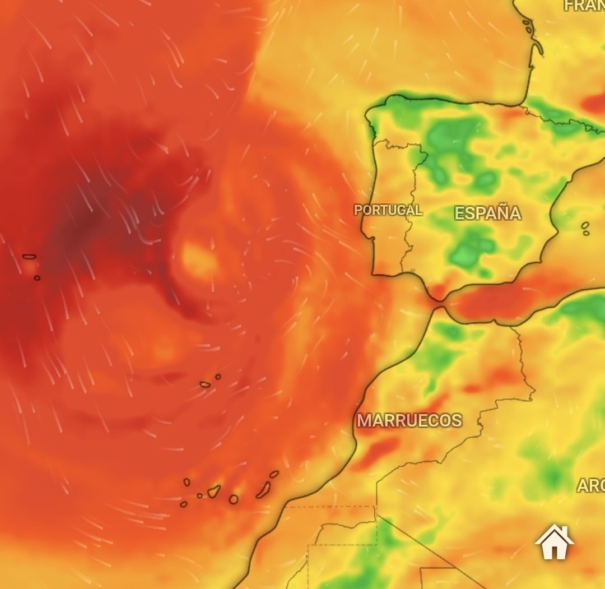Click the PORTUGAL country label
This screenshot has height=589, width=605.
388,210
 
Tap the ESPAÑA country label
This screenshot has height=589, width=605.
487,214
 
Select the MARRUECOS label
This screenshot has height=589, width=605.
409,420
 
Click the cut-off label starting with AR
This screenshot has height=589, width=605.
590,486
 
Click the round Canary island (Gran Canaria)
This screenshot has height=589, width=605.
234,499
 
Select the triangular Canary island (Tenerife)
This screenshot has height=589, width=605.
214,491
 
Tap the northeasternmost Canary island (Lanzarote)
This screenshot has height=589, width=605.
274,474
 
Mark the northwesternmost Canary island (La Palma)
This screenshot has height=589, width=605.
187,482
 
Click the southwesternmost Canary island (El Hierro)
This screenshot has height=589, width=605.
183,504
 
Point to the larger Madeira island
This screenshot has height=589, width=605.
205,384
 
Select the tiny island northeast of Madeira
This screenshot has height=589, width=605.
218,377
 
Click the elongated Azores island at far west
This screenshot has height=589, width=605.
29,257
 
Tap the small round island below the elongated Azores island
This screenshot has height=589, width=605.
37,278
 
